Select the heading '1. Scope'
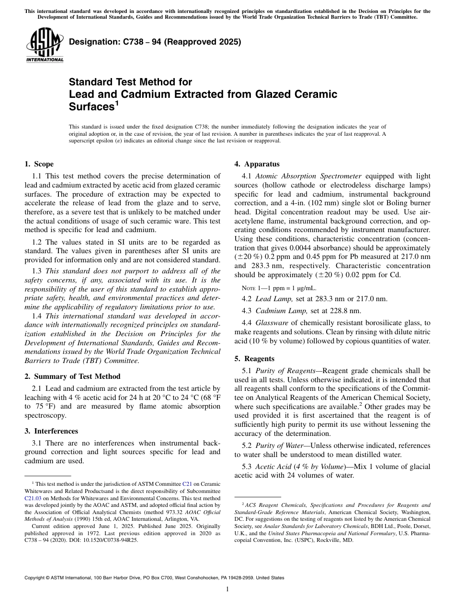coord(39,164)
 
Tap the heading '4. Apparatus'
coord(257,164)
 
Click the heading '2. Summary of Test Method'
coord(72,376)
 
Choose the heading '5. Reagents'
coord(254,358)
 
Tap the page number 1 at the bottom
coord(227,589)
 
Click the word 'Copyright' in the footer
coord(36,578)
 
